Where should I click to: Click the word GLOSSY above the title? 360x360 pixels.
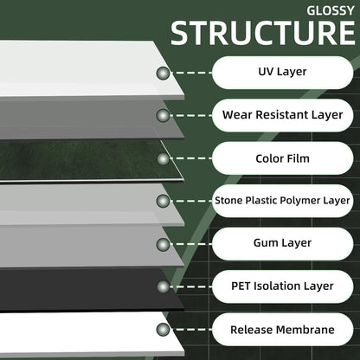coord(331,10)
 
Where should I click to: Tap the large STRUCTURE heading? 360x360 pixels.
coord(263,33)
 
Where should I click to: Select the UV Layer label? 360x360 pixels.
coord(282,72)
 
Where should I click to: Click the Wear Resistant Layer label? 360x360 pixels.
coord(282,115)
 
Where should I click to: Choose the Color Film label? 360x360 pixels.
coord(282,158)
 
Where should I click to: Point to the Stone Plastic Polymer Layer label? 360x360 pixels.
coord(282,201)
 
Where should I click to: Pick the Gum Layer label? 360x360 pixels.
coord(282,243)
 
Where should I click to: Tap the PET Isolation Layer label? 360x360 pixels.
coord(282,286)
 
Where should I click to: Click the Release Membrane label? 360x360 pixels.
coord(282,330)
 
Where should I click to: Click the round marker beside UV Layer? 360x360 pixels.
coord(164,74)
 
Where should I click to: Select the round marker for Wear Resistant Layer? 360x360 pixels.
coord(164,116)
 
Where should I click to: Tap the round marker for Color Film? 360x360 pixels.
coord(164,158)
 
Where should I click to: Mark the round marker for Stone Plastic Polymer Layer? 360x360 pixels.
coord(164,201)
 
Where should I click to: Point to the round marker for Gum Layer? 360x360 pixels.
coord(164,244)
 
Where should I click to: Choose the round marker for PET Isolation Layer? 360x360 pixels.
coord(164,286)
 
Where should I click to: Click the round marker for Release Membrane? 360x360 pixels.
coord(164,330)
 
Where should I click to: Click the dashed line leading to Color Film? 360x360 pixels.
coord(191,158)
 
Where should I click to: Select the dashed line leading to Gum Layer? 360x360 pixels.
coord(191,244)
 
